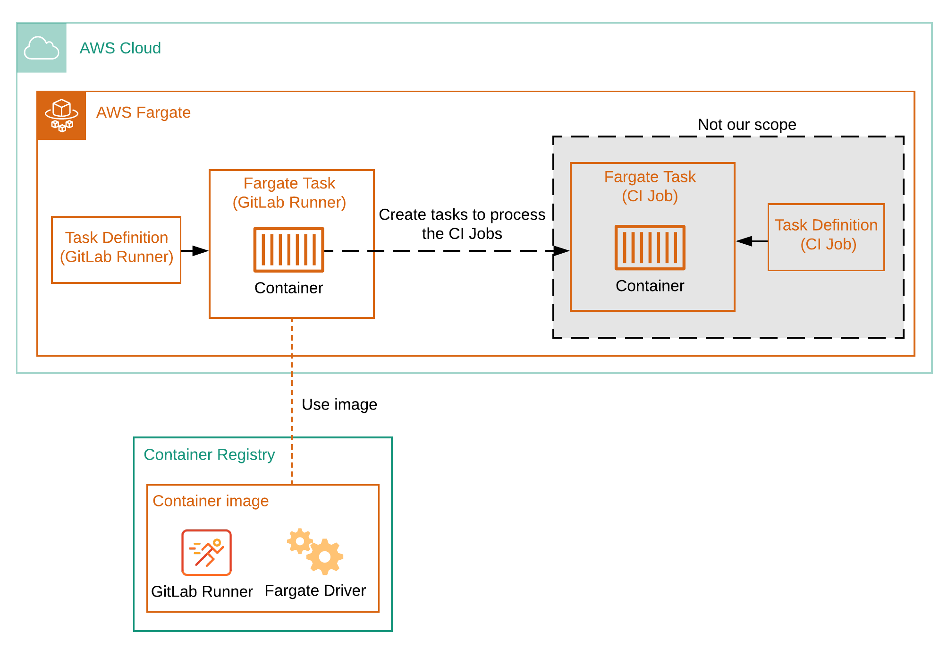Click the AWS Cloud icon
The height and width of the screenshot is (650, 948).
pos(42,48)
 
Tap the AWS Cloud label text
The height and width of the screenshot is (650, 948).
pos(120,48)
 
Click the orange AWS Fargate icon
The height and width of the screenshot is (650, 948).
pos(61,115)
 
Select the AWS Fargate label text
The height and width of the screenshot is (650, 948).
pos(143,112)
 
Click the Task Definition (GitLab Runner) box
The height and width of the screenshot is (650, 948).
pos(116,249)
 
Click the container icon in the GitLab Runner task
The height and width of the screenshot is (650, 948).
pos(288,249)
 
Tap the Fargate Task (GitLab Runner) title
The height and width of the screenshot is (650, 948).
pos(289,193)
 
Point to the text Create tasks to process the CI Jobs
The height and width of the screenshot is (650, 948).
pos(462,224)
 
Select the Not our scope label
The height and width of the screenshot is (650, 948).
pos(746,125)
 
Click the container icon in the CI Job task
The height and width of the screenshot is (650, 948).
pos(650,247)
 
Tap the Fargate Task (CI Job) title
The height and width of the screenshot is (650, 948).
pos(650,186)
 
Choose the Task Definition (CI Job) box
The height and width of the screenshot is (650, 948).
pos(826,237)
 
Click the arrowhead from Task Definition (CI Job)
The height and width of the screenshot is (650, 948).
pos(744,241)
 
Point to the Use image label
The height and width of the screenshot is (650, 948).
pos(339,404)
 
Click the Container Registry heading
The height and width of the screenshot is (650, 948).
pos(209,454)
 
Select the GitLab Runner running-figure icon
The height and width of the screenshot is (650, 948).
pos(206,552)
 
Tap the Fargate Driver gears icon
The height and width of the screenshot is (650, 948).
pos(315,551)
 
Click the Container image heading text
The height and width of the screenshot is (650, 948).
pos(211,501)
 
